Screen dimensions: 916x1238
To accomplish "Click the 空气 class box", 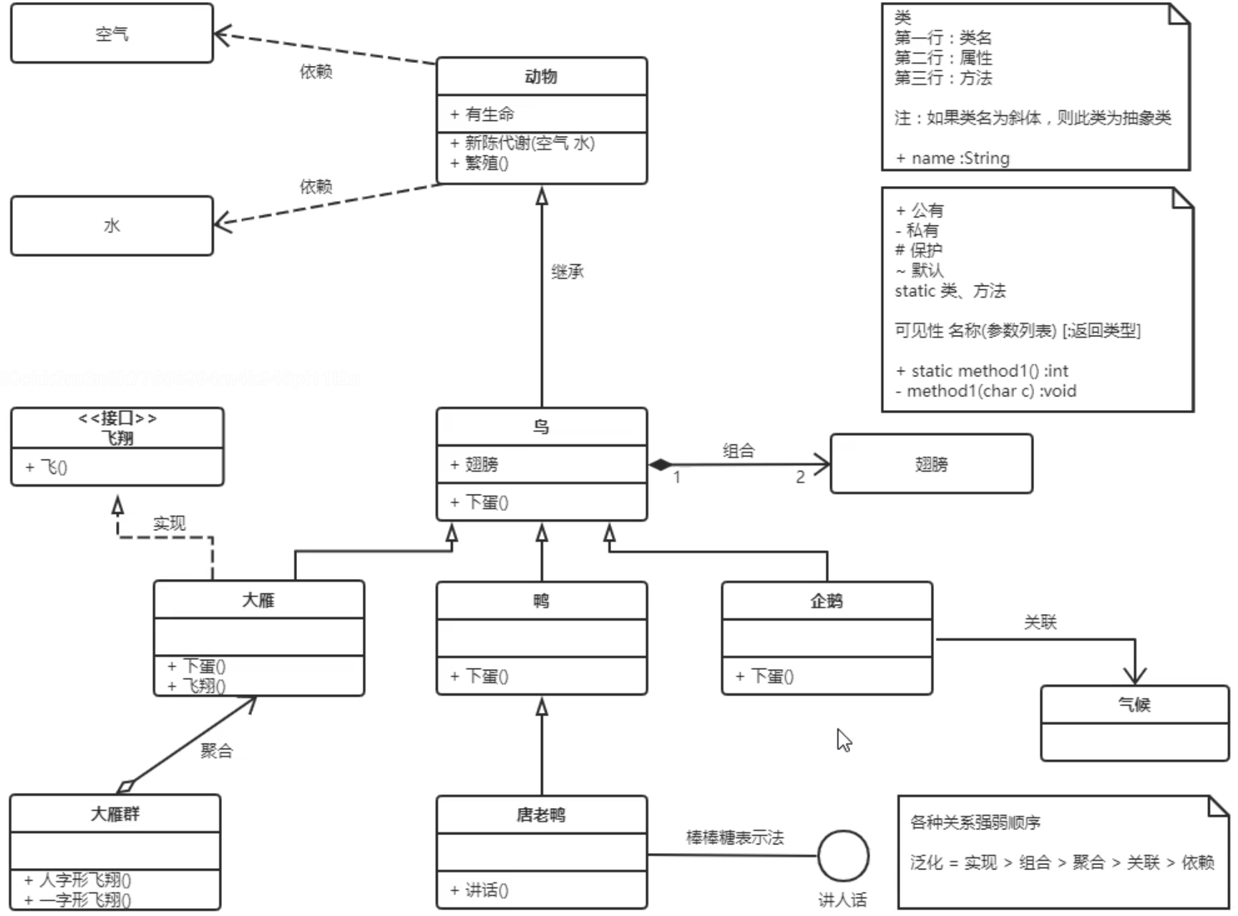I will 112,34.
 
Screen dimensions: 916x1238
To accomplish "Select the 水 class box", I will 112,225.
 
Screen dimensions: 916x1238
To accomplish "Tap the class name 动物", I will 541,77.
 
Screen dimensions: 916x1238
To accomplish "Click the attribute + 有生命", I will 482,114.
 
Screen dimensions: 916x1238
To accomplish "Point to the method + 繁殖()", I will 479,163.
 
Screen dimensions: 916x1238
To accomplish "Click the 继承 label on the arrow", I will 567,271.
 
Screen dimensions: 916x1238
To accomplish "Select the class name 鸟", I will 541,427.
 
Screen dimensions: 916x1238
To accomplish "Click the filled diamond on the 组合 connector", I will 660,464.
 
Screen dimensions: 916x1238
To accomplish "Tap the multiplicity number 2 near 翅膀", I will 800,477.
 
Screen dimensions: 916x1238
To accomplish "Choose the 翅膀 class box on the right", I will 931,464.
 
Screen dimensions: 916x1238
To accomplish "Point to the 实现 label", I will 169,523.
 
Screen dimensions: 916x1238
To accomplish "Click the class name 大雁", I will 258,600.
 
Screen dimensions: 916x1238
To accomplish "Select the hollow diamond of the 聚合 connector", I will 126,786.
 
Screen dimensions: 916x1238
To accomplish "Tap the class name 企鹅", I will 827,601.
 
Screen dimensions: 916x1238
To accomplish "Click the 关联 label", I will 1040,622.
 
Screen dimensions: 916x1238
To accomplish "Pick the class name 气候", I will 1134,705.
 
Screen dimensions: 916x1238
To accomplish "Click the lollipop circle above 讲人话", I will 843,856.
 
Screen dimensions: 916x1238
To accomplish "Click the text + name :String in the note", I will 953,158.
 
